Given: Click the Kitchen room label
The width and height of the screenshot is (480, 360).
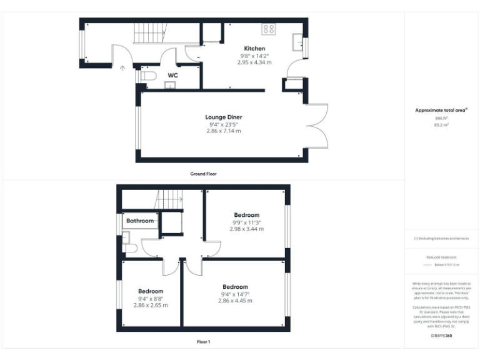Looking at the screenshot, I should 254,48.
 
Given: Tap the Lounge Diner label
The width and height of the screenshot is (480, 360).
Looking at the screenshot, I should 223,117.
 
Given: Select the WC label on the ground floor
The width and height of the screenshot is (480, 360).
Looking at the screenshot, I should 172,75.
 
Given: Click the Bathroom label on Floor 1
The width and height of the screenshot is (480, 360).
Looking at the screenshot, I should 140,221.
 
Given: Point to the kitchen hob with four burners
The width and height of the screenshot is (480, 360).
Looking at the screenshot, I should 268,28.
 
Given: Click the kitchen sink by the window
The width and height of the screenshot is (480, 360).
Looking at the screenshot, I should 297,42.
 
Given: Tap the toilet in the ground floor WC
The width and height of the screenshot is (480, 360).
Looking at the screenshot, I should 147,76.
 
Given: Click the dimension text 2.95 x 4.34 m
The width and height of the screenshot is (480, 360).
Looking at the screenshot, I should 254,62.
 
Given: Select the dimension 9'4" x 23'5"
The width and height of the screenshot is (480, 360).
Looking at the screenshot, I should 223,124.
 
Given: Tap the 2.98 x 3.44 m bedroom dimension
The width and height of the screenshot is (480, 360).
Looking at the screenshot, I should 246,229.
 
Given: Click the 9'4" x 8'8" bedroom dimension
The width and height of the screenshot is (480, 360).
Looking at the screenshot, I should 151,299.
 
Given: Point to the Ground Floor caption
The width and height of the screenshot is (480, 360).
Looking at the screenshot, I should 203,173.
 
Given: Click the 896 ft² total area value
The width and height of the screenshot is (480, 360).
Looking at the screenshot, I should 441,117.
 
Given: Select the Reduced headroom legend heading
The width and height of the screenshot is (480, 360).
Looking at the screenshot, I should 441,257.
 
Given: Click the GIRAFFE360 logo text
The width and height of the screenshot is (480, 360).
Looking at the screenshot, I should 441,336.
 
